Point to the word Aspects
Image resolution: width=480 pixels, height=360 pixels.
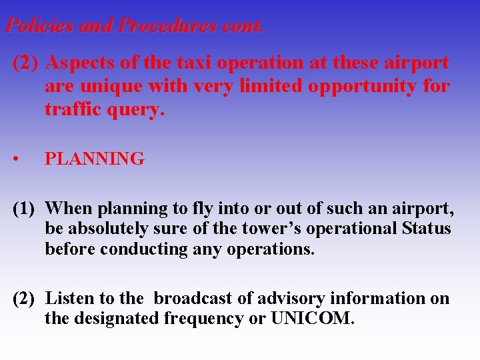point(75,63)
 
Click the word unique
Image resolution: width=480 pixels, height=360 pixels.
point(100,86)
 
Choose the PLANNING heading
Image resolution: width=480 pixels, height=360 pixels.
point(94,159)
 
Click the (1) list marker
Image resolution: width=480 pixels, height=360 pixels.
point(25,209)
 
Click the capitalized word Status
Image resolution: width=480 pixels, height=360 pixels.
point(427,229)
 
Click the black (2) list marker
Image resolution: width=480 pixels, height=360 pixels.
point(25,299)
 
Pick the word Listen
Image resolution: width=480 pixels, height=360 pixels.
point(67,299)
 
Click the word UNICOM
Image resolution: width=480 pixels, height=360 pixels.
point(312,319)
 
